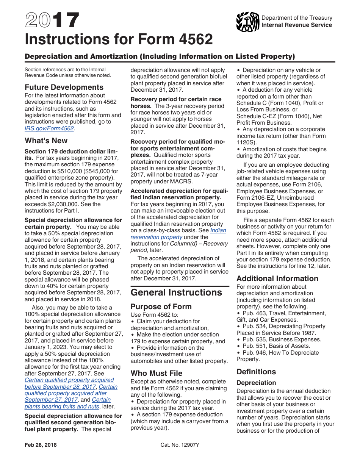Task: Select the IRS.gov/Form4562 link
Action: pyautogui.click(x=49, y=128)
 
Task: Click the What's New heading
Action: pyautogui.click(x=46, y=141)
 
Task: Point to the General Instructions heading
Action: pyautogui.click(x=176, y=292)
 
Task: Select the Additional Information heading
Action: pyautogui.click(x=277, y=278)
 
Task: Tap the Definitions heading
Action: pyautogui.click(x=256, y=372)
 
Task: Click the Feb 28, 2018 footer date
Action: pyautogui.click(x=41, y=445)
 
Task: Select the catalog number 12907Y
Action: pyautogui.click(x=180, y=445)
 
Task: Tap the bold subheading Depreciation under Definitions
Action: pyautogui.click(x=256, y=383)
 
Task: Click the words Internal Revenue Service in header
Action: pyautogui.click(x=297, y=25)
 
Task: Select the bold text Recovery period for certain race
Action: pyautogui.click(x=176, y=99)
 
